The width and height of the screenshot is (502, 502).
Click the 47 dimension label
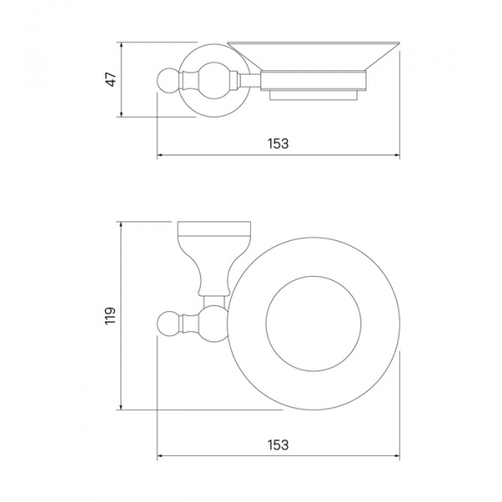tap(111, 79)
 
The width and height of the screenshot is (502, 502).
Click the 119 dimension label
tap(110, 315)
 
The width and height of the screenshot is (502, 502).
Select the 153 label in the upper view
tap(279, 144)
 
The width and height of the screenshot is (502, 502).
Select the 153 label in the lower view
tap(279, 445)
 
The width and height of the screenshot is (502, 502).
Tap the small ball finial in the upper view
tap(169, 80)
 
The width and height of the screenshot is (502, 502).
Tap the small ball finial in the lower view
tap(169, 323)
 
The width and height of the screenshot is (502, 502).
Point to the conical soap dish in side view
tap(314, 55)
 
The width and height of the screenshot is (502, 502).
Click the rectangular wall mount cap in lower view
tap(214, 228)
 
